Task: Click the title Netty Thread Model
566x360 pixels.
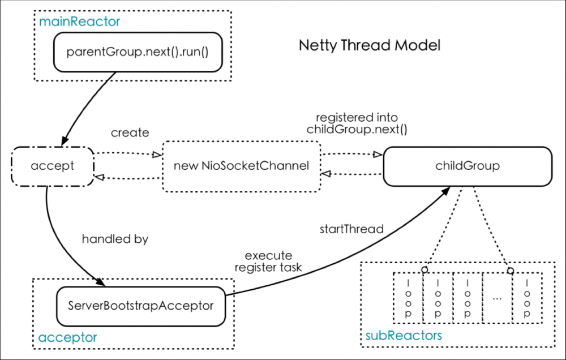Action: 369,45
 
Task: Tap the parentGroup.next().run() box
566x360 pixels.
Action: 137,52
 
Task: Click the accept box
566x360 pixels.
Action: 52,166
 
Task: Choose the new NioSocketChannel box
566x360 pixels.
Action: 242,166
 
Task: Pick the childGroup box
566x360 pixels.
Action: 467,166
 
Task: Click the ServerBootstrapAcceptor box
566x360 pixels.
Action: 140,306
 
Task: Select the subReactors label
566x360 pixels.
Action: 401,336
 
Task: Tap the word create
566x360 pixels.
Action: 130,133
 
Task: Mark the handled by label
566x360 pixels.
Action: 115,239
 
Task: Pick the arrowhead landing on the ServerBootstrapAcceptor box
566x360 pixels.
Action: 101,281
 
